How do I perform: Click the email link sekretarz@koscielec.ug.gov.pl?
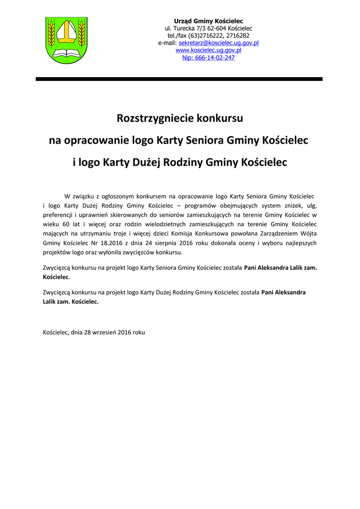tap(218, 43)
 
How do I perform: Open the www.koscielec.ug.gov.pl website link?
tap(208, 50)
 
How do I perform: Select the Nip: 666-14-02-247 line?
tap(208, 58)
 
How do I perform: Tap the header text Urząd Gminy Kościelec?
tap(208, 21)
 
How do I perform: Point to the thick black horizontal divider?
tap(179, 79)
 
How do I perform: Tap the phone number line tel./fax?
tap(208, 36)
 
